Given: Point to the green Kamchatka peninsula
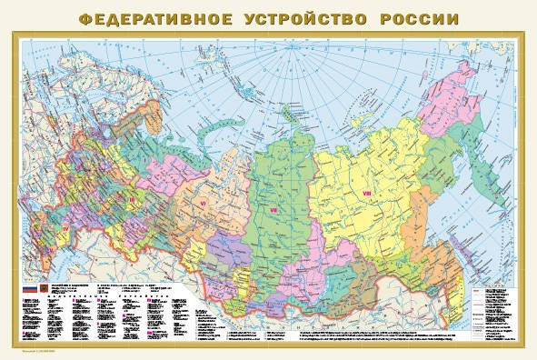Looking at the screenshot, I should point(495,155).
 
